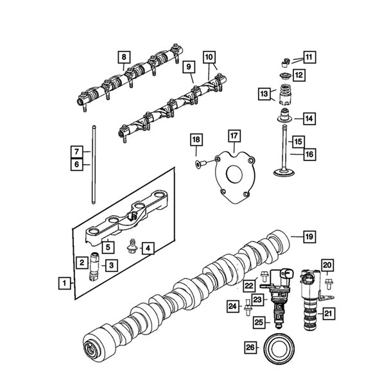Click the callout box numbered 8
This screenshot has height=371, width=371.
(123, 57)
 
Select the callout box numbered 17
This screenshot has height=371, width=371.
(234, 135)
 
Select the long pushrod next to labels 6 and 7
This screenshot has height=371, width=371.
(93, 160)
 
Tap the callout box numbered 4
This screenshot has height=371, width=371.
(147, 248)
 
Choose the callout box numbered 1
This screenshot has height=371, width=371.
(64, 282)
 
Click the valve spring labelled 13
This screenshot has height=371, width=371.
(282, 95)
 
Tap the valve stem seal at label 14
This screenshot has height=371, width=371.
(282, 118)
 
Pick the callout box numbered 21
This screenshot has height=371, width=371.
(328, 313)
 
